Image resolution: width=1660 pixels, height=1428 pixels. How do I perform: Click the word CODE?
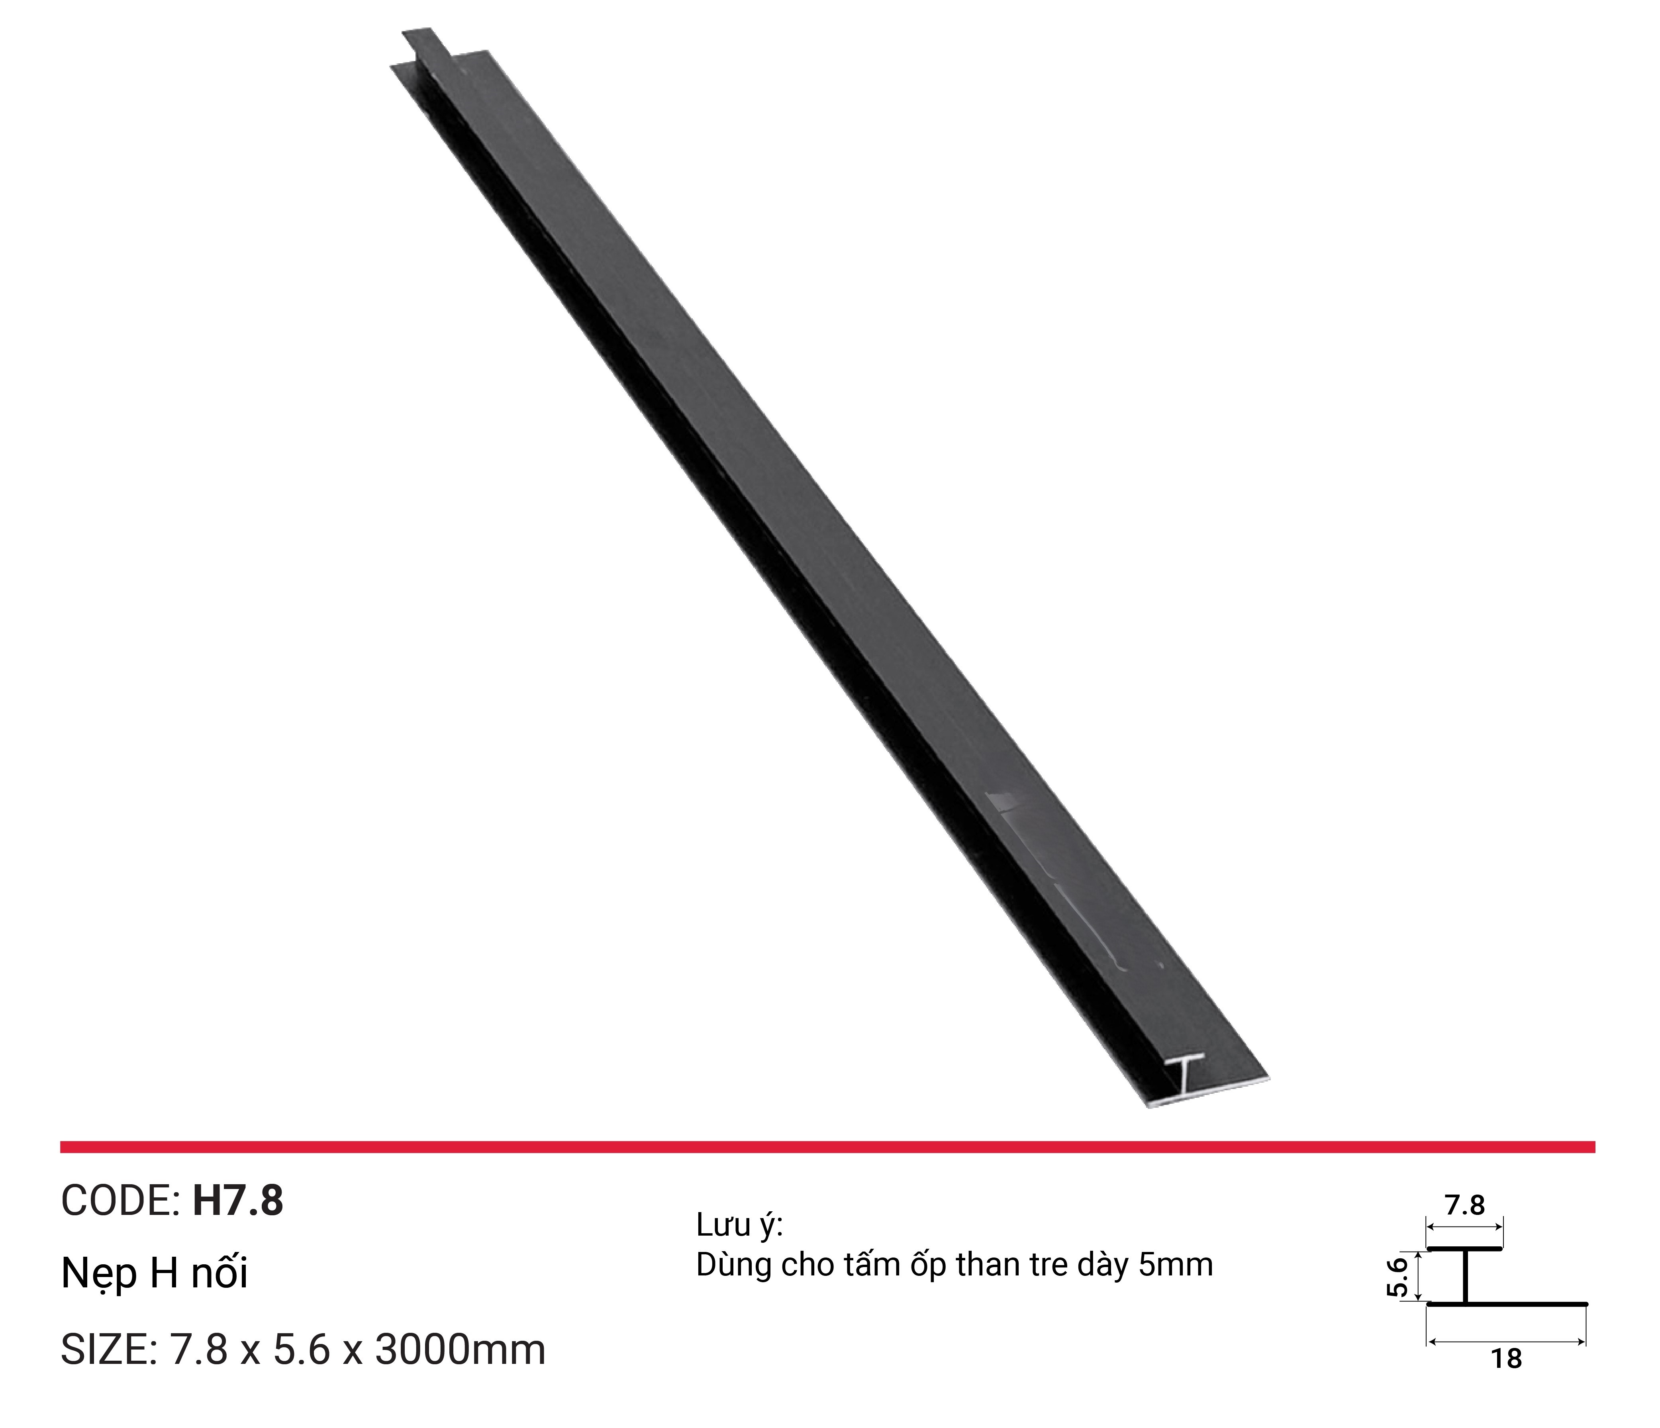pyautogui.click(x=120, y=1201)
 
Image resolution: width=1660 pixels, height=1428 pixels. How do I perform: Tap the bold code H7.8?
pyautogui.click(x=238, y=1201)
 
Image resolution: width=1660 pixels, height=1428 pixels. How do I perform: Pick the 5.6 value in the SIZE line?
pyautogui.click(x=302, y=1350)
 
